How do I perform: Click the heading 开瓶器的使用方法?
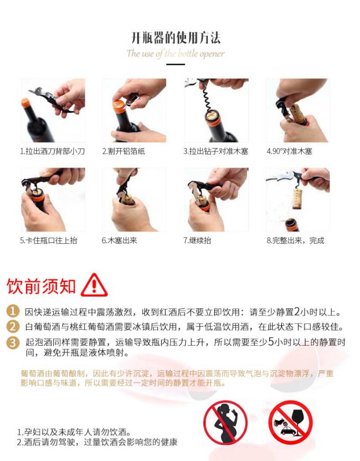[x=176, y=38]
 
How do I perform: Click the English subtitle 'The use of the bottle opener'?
[x=176, y=53]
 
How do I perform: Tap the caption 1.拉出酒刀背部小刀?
[x=52, y=151]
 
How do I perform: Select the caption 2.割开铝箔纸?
[x=123, y=151]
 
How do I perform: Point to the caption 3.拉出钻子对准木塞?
[x=216, y=151]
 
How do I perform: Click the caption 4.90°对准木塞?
[x=289, y=151]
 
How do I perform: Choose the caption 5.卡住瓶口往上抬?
[x=49, y=241]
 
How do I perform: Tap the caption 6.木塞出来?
[x=119, y=241]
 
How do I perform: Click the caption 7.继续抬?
[x=197, y=241]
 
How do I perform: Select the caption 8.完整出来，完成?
[x=295, y=241]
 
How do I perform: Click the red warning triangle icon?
[x=94, y=285]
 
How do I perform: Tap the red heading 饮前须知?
[x=41, y=286]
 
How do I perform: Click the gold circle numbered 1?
[x=13, y=311]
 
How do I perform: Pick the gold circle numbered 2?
[x=13, y=326]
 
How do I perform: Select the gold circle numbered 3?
[x=13, y=343]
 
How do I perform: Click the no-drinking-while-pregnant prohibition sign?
[x=225, y=422]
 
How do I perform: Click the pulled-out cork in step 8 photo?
[x=298, y=199]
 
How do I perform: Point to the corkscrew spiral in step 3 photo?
[x=208, y=97]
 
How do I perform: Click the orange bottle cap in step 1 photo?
[x=26, y=102]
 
